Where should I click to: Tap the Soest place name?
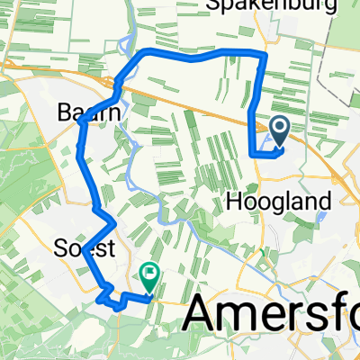coord(76,246)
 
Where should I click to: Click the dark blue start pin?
coord(279,132)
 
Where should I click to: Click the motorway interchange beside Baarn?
coord(117,86)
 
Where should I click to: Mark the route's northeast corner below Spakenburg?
coord(263,56)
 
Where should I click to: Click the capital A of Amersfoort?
coord(204,317)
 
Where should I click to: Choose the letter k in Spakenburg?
coord(241,6)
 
